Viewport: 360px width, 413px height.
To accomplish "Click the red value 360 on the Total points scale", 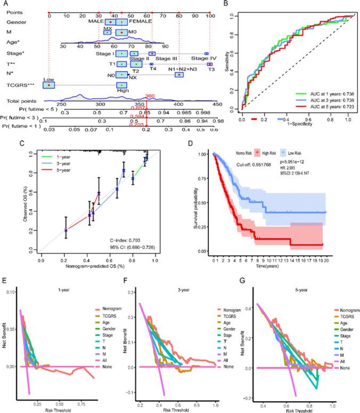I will [150, 96].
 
